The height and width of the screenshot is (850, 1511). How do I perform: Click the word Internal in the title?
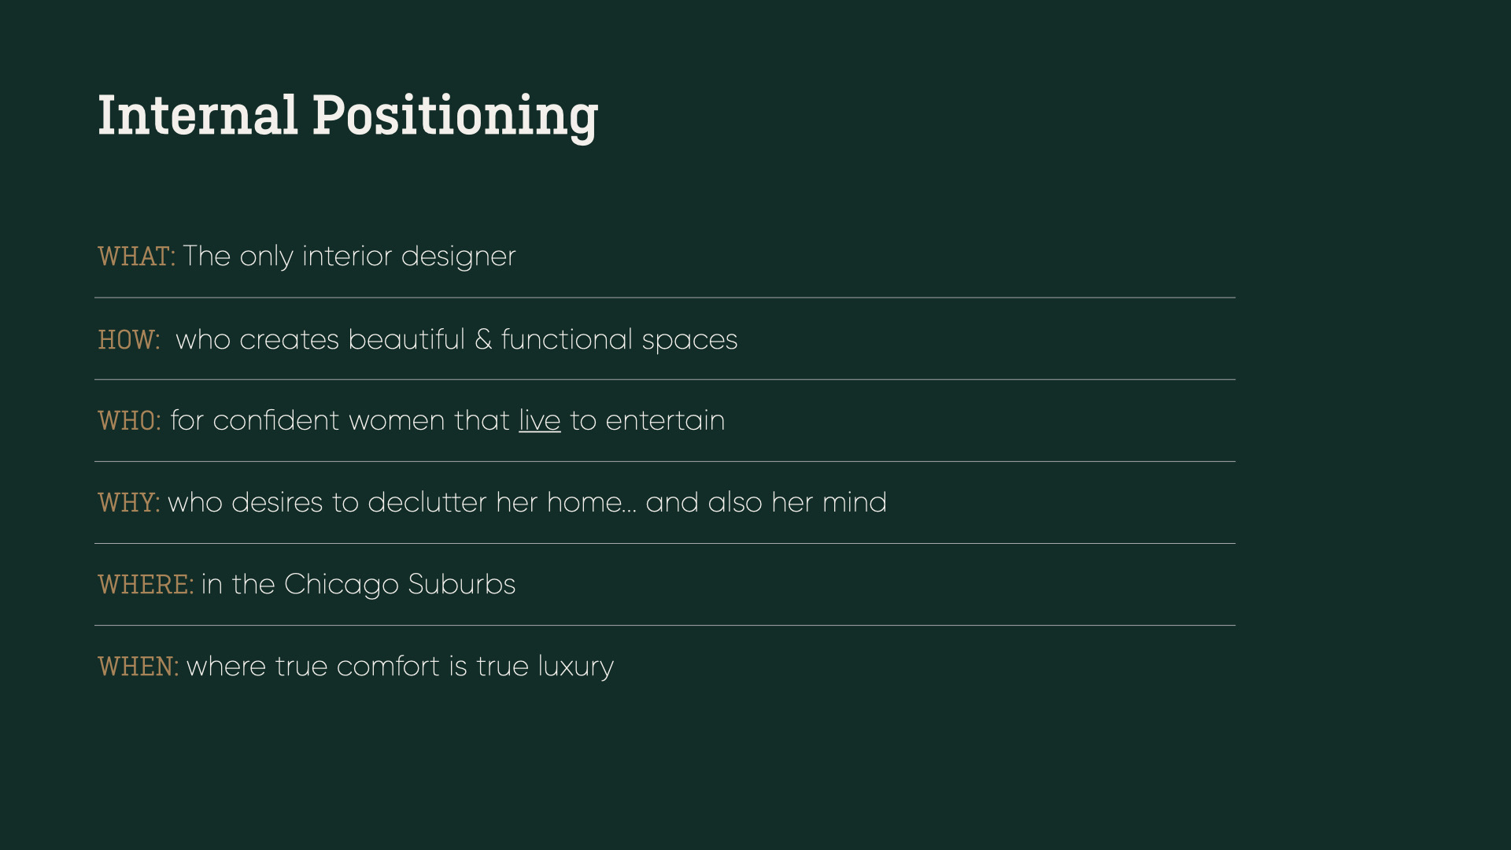point(198,115)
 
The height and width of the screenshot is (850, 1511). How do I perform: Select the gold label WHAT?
point(136,257)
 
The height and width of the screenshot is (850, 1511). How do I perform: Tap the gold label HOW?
point(129,340)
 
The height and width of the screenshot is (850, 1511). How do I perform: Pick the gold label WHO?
point(129,421)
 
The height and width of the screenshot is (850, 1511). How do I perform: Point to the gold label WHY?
point(129,503)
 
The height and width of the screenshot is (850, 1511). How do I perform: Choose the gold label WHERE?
point(146,585)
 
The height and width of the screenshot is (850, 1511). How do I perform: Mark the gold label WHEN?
point(139,667)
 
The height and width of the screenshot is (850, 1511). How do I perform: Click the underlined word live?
point(540,420)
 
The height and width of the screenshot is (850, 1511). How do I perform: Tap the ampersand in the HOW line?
point(483,340)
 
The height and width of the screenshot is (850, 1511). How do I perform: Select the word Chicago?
point(342,586)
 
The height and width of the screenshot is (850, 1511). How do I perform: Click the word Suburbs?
point(462,584)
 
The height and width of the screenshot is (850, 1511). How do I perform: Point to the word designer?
point(458,257)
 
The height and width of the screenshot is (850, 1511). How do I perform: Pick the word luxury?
point(576,668)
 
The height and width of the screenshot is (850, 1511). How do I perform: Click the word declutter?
point(427,502)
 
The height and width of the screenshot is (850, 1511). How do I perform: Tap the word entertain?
point(665,420)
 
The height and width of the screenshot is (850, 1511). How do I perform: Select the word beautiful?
point(407,339)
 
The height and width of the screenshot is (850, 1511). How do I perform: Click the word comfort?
point(388,667)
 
